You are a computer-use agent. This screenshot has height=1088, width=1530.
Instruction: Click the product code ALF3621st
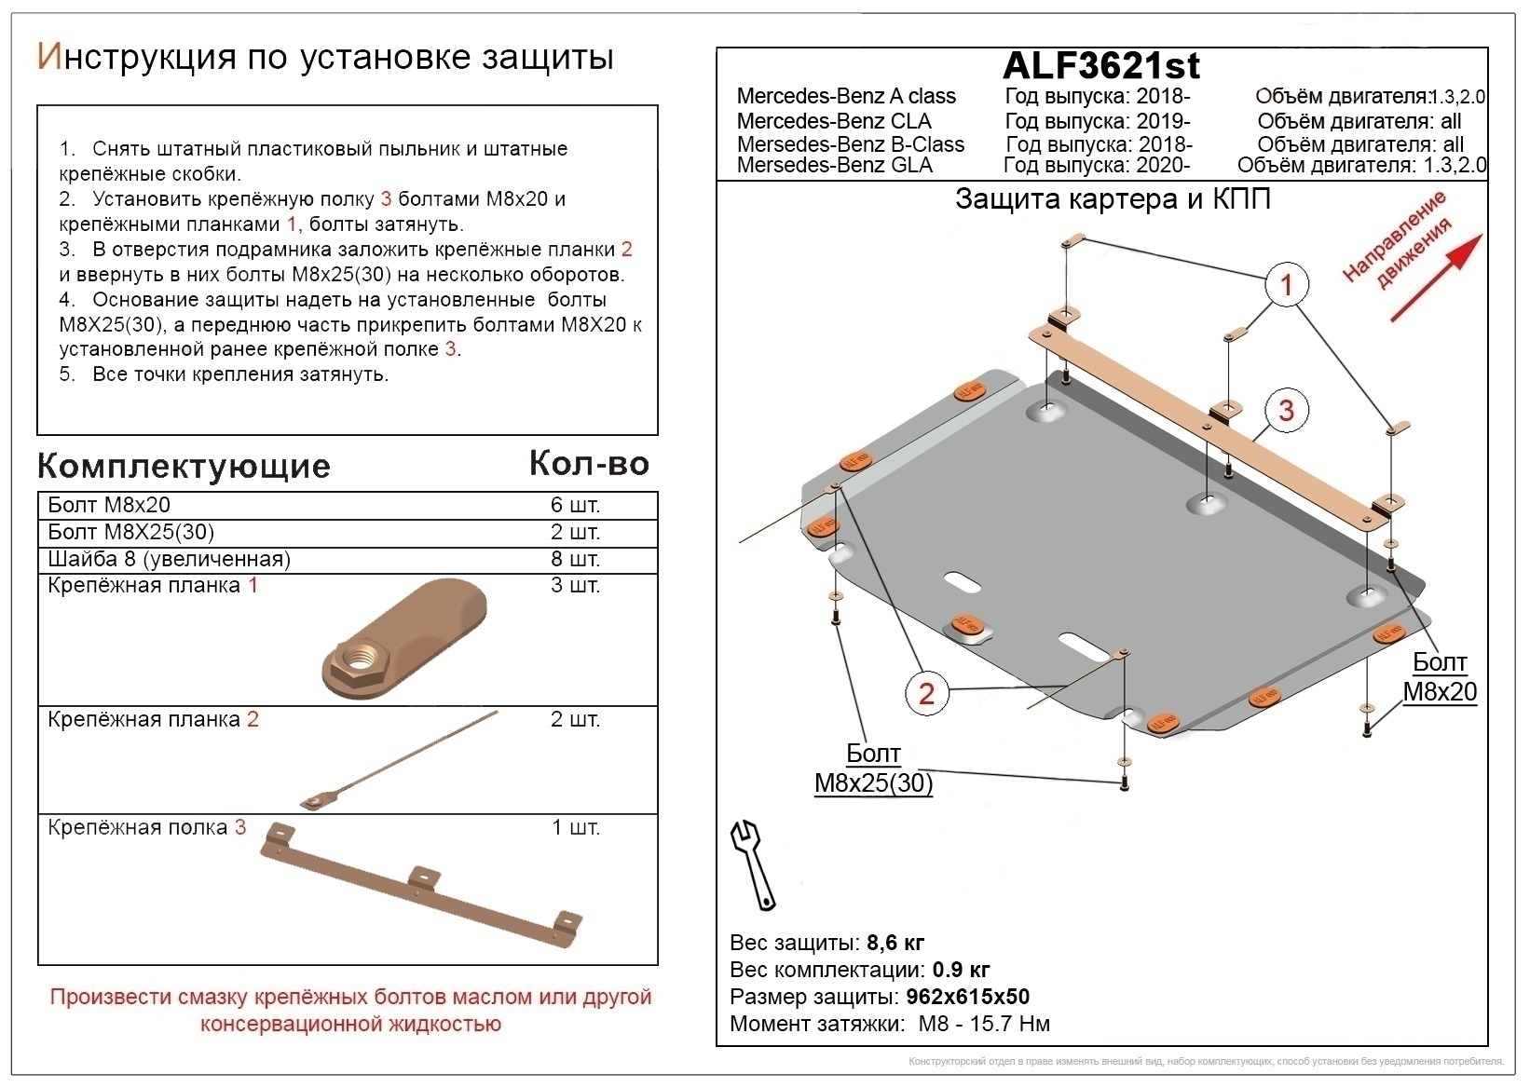coord(1100,65)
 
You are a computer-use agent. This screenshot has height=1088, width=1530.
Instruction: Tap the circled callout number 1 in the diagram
coord(1286,283)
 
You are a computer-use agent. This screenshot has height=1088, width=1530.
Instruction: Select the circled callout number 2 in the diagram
coord(925,693)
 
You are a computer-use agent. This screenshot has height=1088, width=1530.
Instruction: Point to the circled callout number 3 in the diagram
coord(1286,410)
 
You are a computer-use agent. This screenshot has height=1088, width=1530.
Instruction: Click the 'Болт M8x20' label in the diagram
coord(1440,676)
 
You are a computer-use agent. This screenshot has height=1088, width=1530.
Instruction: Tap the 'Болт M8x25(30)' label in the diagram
coord(873,768)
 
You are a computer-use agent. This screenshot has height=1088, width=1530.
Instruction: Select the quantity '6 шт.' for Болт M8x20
coord(575,506)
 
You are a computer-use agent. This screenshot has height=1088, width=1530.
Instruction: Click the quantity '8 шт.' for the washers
coord(575,559)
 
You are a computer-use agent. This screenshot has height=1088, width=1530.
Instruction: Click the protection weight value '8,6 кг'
coord(895,942)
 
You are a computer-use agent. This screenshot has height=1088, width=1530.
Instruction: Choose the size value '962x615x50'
coord(967,997)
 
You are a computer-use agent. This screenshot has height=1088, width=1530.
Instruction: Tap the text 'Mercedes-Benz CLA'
coord(833,121)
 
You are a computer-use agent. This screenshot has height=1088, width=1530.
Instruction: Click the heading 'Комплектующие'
coord(184,466)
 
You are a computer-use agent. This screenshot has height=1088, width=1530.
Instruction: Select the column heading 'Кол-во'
coord(589,463)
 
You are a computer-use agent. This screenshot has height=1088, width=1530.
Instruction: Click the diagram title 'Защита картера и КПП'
coord(1113,199)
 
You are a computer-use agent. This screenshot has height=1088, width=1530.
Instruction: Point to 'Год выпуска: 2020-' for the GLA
coord(1097,166)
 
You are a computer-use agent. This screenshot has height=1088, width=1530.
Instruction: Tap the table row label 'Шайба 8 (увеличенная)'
coord(170,559)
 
